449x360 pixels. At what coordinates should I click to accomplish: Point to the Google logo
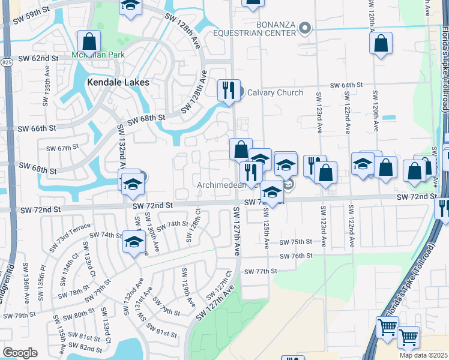coord(20,352)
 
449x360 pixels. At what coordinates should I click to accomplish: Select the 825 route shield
coord(7,62)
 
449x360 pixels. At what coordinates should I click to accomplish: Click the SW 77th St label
coord(261,271)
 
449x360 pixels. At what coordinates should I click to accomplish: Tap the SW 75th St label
coord(296,242)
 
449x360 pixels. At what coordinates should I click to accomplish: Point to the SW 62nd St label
coord(38,59)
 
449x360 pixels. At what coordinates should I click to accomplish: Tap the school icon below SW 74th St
coord(134,242)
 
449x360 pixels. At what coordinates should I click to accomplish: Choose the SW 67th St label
coord(62,148)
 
